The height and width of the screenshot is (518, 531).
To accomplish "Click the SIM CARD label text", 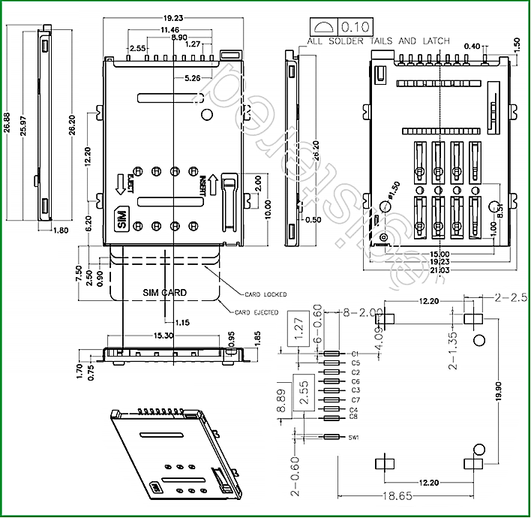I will click(165, 292).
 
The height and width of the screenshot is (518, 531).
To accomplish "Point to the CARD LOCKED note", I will click(265, 294).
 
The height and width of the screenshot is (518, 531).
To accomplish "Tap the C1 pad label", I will click(355, 354).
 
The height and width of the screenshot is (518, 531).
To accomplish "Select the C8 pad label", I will click(354, 416).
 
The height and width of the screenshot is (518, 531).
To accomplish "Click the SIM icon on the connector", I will click(121, 220).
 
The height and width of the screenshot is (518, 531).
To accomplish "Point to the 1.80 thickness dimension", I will click(61, 231).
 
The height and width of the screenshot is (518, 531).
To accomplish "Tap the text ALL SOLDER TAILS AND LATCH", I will click(379, 41).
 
